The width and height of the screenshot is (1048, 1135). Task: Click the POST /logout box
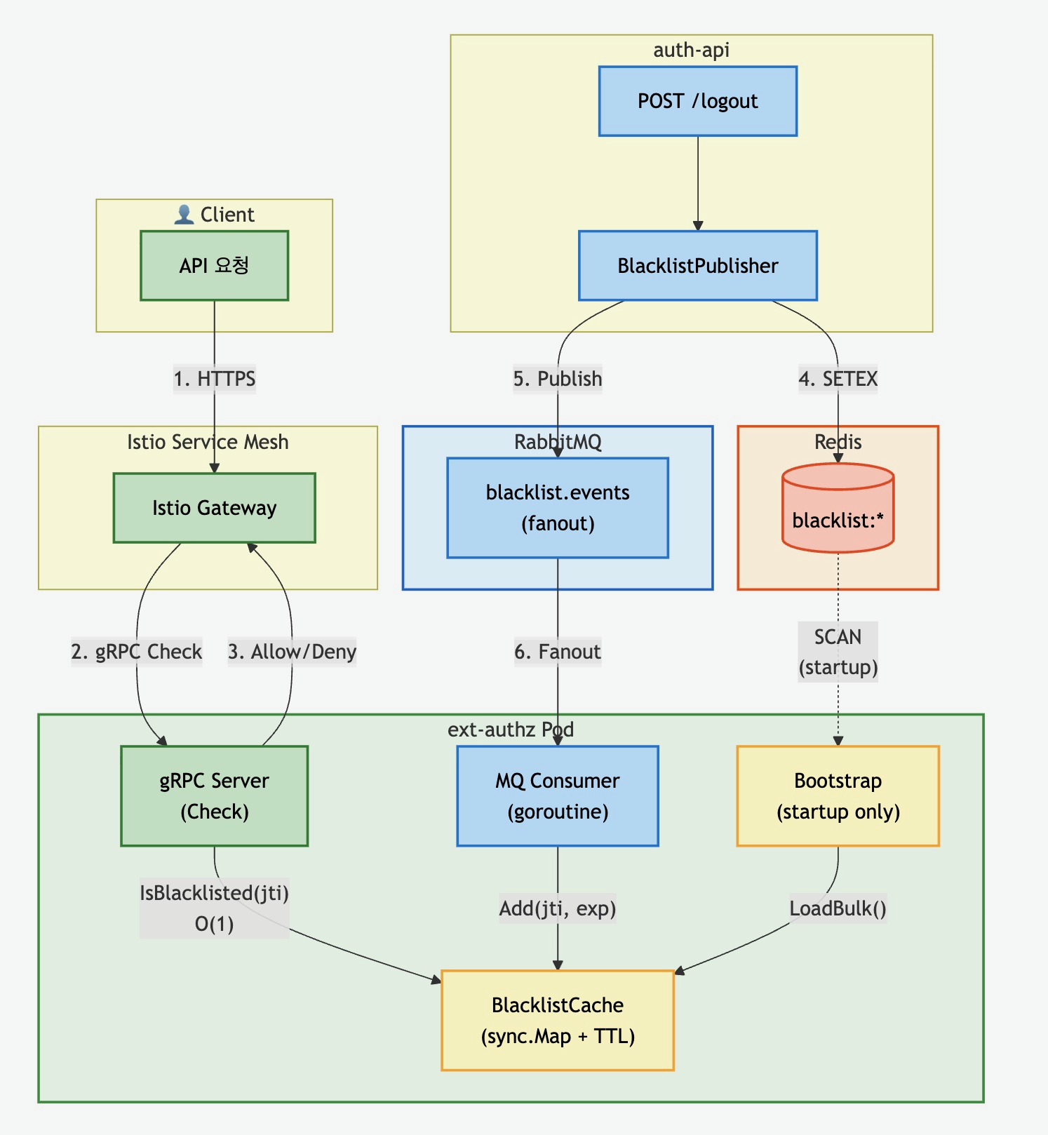pyautogui.click(x=697, y=101)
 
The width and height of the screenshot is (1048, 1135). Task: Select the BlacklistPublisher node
pyautogui.click(x=697, y=266)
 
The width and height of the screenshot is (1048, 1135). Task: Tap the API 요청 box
pyautogui.click(x=214, y=266)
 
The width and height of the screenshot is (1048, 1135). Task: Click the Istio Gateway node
pyautogui.click(x=214, y=508)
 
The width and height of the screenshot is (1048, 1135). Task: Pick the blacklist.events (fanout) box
pyautogui.click(x=558, y=508)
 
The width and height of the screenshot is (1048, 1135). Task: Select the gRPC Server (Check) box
pyautogui.click(x=214, y=796)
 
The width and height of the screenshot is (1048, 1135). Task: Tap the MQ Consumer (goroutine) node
pyautogui.click(x=558, y=796)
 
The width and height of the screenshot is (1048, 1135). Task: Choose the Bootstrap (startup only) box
pyautogui.click(x=838, y=796)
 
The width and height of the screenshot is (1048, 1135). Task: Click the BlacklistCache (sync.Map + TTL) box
pyautogui.click(x=558, y=1021)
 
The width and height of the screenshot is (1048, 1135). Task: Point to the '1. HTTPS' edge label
pyautogui.click(x=215, y=379)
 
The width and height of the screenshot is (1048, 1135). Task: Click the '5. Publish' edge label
pyautogui.click(x=558, y=379)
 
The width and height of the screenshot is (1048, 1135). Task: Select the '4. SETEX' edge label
pyautogui.click(x=838, y=379)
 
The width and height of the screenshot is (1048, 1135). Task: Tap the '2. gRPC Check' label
pyautogui.click(x=137, y=652)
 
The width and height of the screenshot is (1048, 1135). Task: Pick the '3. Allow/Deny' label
pyautogui.click(x=292, y=652)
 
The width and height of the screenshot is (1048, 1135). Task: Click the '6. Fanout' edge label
pyautogui.click(x=558, y=652)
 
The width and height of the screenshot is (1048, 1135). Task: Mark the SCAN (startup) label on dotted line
pyautogui.click(x=838, y=652)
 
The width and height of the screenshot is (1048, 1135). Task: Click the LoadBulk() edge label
pyautogui.click(x=838, y=908)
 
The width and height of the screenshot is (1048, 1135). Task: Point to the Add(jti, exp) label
pyautogui.click(x=558, y=908)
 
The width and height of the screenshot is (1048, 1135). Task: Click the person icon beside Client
pyautogui.click(x=184, y=215)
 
